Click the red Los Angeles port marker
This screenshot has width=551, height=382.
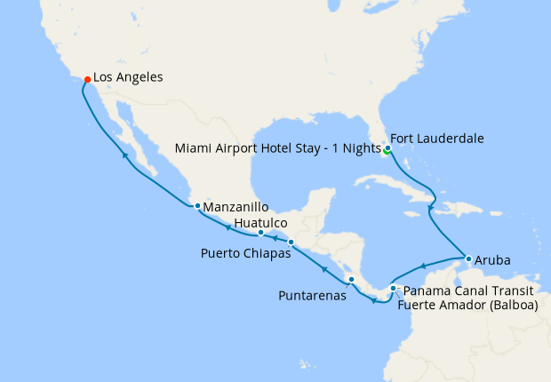click(x=87, y=79)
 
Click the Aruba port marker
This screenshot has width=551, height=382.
click(x=467, y=259)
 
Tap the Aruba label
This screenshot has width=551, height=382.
click(x=494, y=263)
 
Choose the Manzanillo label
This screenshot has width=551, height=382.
click(x=236, y=207)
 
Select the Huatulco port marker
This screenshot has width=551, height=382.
click(x=260, y=233)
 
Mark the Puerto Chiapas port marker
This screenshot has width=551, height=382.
click(x=291, y=242)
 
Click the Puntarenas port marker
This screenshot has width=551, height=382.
click(x=352, y=280)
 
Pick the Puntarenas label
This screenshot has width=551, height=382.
click(x=311, y=296)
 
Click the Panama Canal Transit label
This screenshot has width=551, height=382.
click(x=468, y=290)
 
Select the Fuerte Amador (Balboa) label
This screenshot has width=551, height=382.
click(x=468, y=306)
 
